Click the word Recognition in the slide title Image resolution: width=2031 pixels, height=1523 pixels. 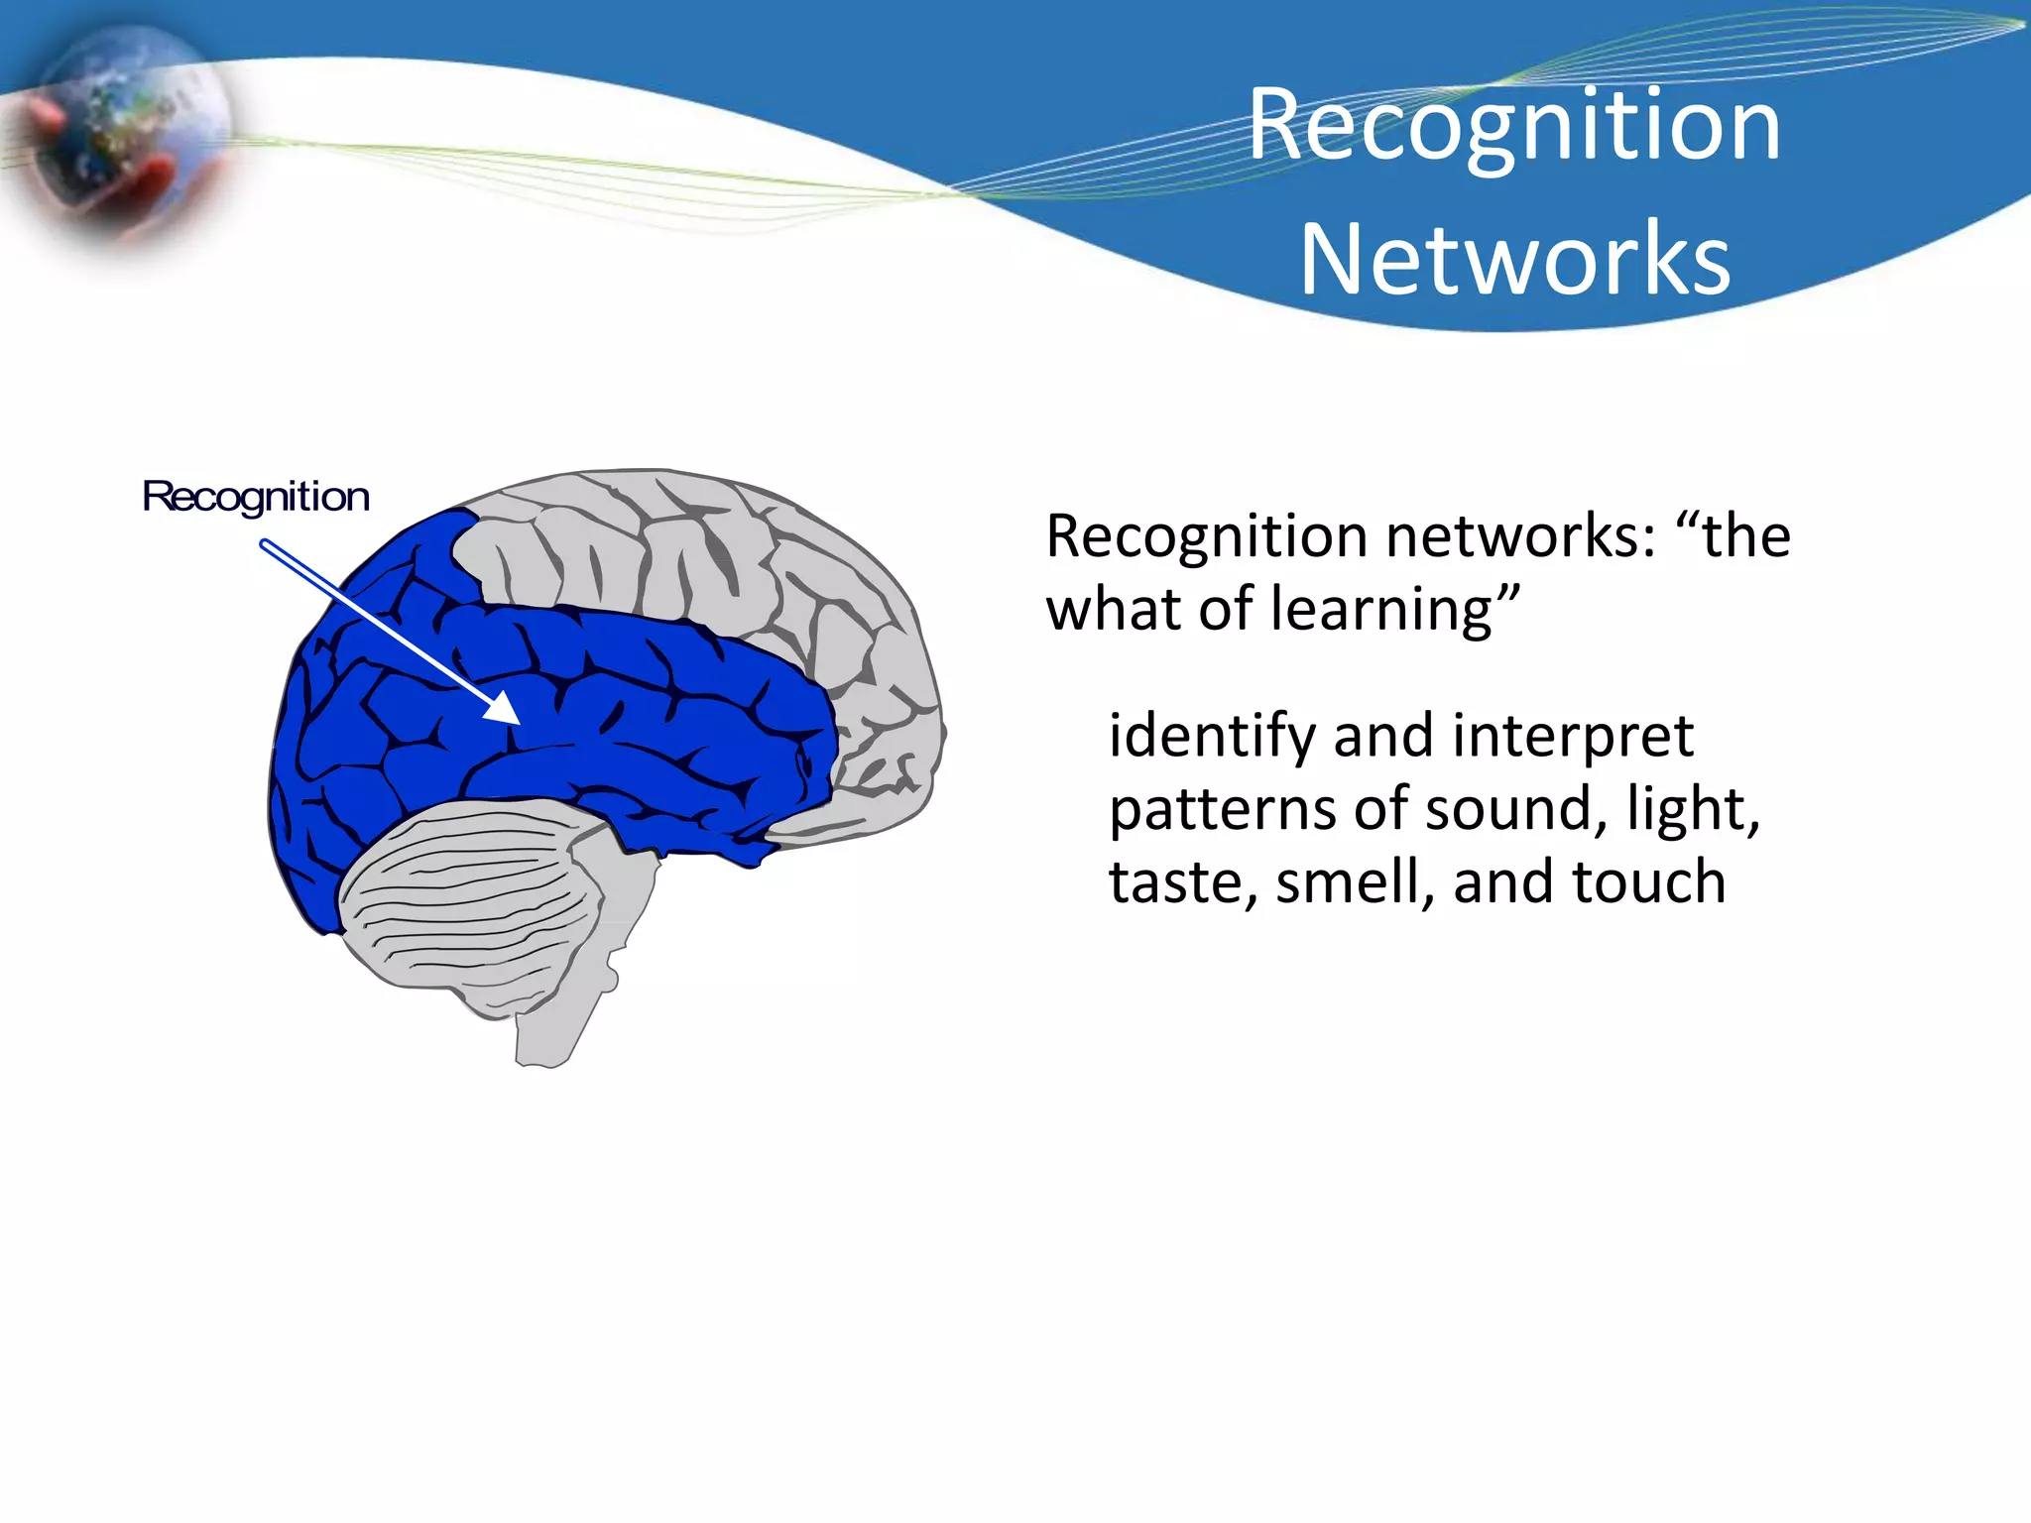pyautogui.click(x=1514, y=126)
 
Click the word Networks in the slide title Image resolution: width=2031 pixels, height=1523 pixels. pyautogui.click(x=1514, y=259)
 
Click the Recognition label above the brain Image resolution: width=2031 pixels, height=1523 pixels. pyautogui.click(x=256, y=496)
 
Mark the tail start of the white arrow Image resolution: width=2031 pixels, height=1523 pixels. pyautogui.click(x=266, y=544)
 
